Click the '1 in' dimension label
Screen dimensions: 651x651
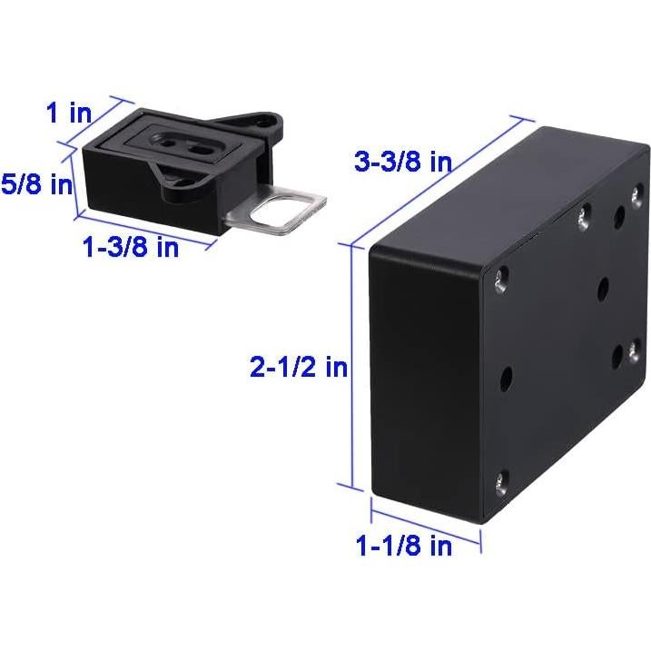(68, 113)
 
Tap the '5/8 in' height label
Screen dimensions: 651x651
(36, 184)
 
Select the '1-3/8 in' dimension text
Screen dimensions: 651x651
(131, 247)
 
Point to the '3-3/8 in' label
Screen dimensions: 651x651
(403, 163)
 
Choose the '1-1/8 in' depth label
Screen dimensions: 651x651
(404, 547)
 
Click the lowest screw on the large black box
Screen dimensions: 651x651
(501, 481)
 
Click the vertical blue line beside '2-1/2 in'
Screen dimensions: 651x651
(350, 363)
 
